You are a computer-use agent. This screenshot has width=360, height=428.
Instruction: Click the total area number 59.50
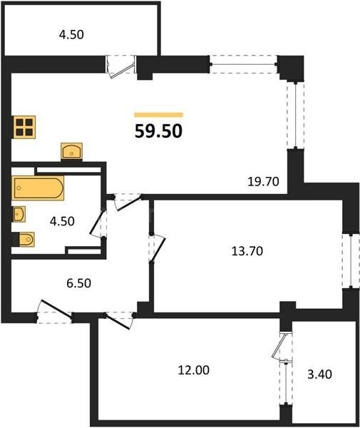pos(159,131)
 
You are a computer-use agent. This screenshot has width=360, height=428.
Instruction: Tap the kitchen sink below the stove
pos(72,151)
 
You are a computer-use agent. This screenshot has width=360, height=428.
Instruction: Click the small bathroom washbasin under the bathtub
pos(20,214)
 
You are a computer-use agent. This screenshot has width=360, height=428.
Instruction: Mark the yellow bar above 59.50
pos(159,114)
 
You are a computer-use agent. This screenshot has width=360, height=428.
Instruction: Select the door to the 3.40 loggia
pos(283,352)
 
